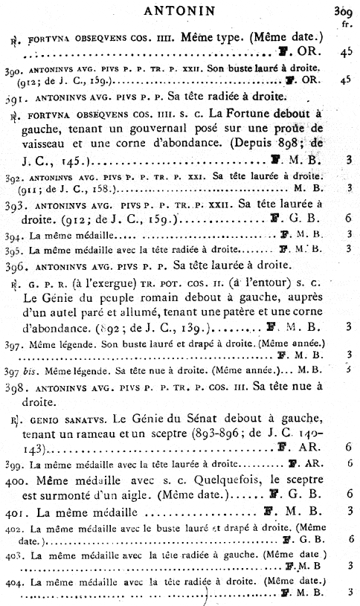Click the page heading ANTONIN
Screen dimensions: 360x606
click(179, 10)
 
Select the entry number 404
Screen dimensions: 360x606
click(13, 579)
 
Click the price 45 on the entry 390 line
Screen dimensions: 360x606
click(344, 78)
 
